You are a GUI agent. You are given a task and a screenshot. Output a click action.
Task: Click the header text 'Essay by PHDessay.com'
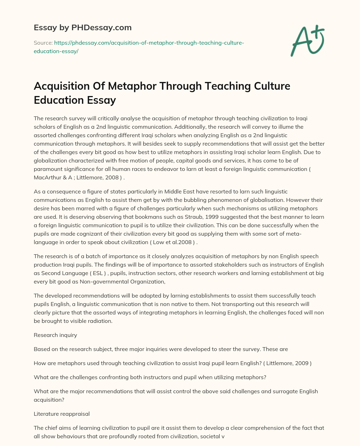[82, 27]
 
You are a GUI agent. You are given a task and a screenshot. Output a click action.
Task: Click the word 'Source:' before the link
[43, 43]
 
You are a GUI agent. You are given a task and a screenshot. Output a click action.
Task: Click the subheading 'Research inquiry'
[55, 335]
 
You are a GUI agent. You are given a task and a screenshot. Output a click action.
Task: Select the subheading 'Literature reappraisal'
[62, 414]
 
